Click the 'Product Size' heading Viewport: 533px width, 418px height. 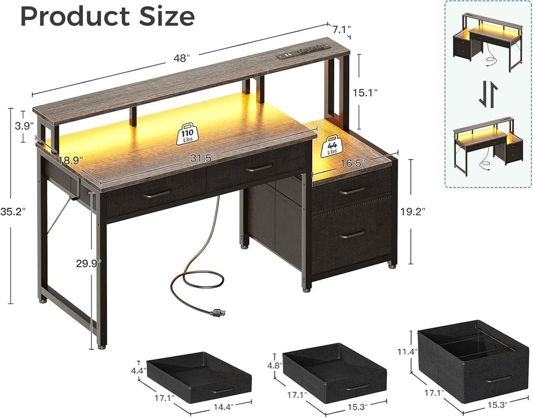click(107, 16)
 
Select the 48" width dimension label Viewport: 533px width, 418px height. click(181, 57)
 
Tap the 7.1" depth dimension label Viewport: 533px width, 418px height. click(342, 29)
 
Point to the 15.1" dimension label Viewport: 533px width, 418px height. click(383, 93)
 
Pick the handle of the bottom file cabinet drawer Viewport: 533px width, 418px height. click(352, 234)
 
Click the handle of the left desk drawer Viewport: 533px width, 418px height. click(156, 193)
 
